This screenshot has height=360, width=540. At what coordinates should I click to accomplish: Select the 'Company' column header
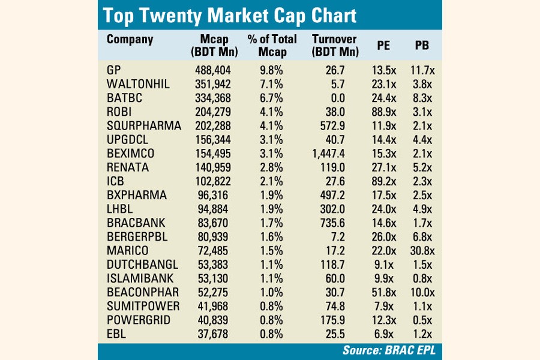(130, 40)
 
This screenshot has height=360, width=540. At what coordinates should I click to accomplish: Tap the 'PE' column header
(384, 46)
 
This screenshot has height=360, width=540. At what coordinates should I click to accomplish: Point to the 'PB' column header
(422, 46)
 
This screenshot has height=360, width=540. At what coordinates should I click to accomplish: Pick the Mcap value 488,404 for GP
(214, 70)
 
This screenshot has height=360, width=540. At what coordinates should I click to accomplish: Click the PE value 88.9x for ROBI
(384, 112)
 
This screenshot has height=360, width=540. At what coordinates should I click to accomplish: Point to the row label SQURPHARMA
(143, 125)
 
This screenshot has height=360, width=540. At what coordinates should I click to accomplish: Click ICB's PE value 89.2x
(384, 181)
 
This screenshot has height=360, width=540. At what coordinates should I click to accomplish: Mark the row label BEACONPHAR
(143, 291)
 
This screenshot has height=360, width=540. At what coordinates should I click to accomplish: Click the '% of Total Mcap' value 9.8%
(271, 70)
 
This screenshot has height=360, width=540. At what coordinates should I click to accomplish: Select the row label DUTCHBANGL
(142, 263)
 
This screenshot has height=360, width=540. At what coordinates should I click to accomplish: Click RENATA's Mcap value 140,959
(214, 167)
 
